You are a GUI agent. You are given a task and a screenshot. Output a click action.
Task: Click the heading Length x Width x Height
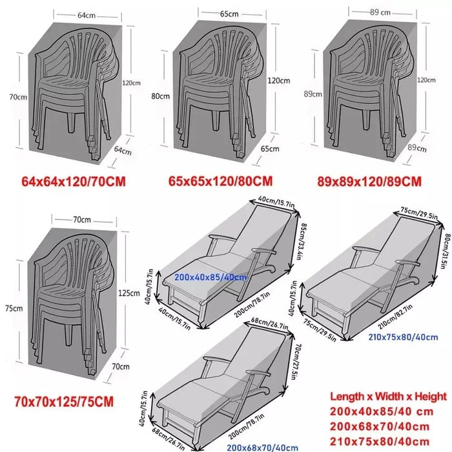click(387, 396)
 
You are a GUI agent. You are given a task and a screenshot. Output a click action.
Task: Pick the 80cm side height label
click(161, 96)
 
